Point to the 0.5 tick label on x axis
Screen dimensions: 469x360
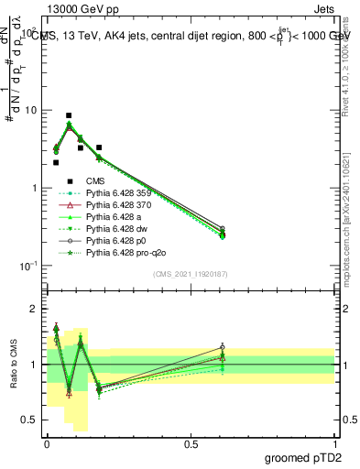(x=191, y=442)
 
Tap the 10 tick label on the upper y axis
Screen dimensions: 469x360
(x=31, y=110)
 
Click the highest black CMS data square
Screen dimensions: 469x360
(x=69, y=116)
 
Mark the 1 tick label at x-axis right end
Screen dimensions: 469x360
(x=334, y=442)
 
